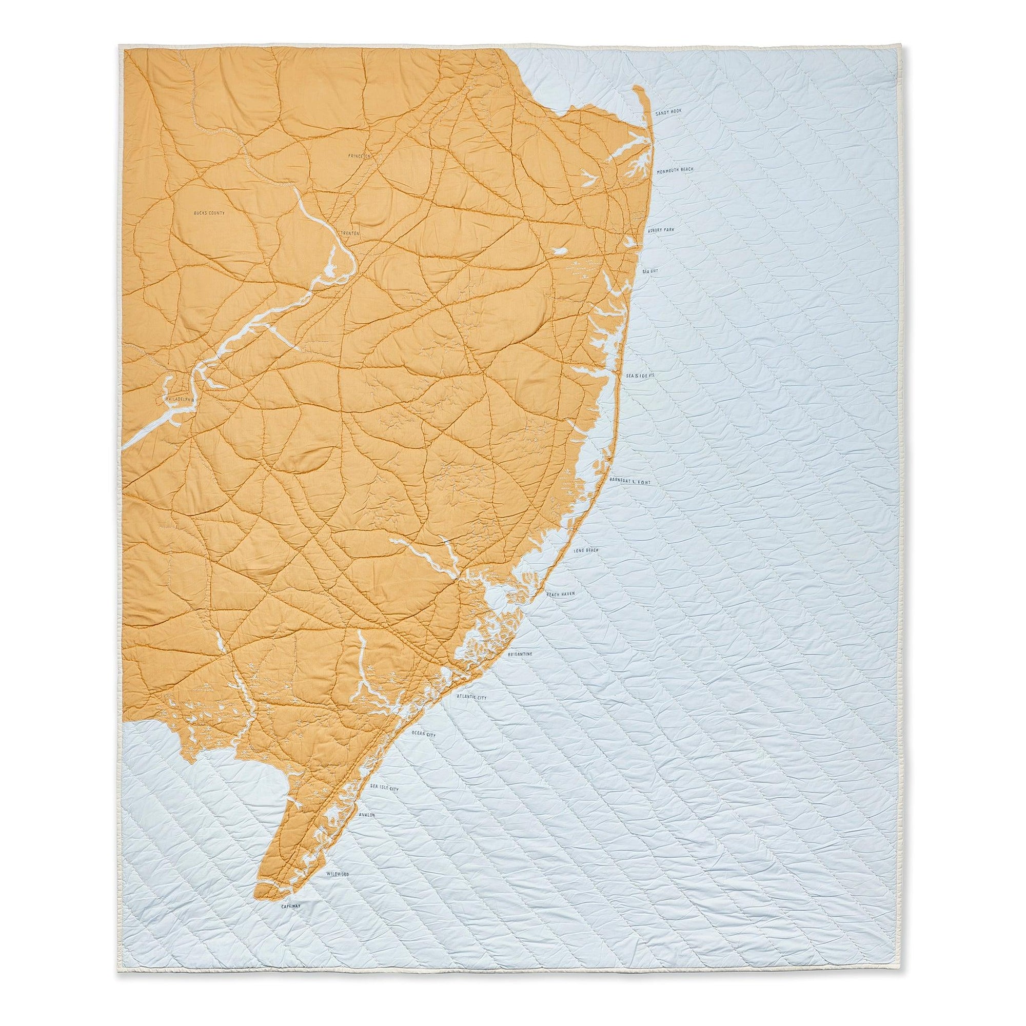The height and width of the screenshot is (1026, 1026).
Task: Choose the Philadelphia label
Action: pyautogui.click(x=181, y=397)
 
